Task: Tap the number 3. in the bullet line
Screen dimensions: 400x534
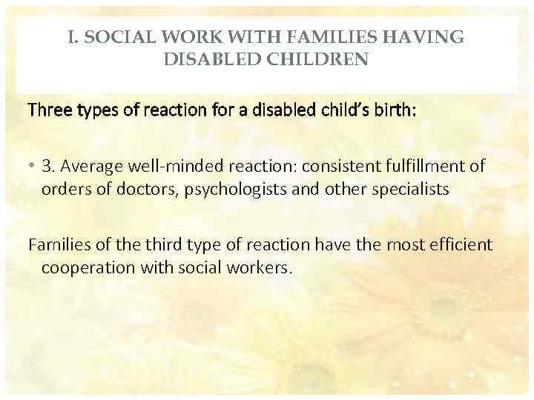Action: [x=47, y=166]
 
